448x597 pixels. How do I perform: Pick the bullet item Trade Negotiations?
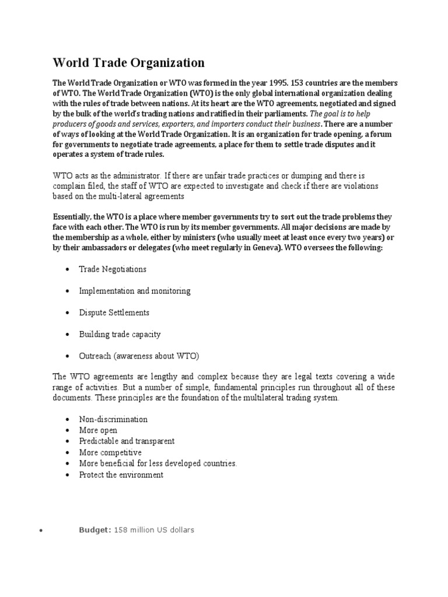[x=113, y=269]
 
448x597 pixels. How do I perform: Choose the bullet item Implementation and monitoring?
[x=135, y=290]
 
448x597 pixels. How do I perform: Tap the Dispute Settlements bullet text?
[x=114, y=312]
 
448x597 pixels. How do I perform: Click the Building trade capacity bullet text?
[x=120, y=334]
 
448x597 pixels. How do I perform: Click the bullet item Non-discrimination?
[x=113, y=419]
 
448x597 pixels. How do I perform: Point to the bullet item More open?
[x=98, y=430]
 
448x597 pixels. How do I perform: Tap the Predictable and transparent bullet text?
[x=127, y=441]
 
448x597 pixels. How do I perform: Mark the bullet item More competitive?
[x=110, y=452]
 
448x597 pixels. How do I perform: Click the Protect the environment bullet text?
[x=121, y=475]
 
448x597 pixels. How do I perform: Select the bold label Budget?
[x=95, y=530]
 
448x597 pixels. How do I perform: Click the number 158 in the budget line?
[x=121, y=530]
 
